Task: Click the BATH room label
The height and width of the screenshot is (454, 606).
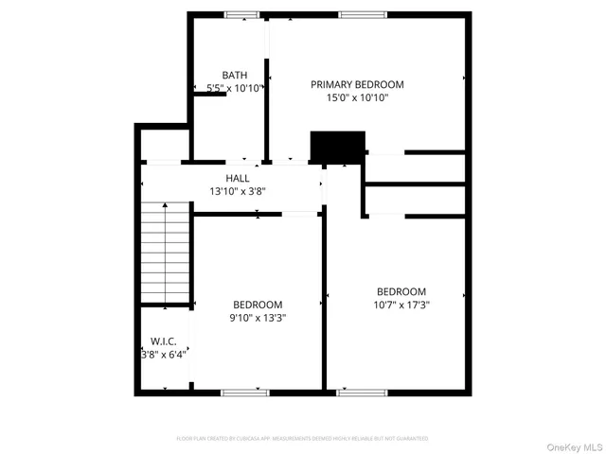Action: coord(235,75)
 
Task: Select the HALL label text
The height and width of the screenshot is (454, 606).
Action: coord(238,178)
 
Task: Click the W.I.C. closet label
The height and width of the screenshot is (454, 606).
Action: coord(164,341)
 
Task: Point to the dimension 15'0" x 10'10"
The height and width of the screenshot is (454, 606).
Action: coord(357,97)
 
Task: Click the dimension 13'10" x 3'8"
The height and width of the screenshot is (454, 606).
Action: coord(238,191)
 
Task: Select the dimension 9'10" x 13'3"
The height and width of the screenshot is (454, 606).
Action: coord(258,318)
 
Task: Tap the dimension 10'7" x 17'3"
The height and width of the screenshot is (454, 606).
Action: coord(401,305)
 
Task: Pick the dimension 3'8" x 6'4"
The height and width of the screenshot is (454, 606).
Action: coord(164,355)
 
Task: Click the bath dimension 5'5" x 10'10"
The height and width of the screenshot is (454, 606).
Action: coord(234,88)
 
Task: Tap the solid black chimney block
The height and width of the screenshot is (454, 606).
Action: coord(337,147)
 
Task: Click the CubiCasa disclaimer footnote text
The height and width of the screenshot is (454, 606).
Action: coord(302,439)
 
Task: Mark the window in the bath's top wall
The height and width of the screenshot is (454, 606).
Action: coord(241,14)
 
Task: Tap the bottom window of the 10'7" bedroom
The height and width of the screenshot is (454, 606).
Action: coord(362,391)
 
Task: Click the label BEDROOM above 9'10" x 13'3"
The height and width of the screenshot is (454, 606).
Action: coord(258,305)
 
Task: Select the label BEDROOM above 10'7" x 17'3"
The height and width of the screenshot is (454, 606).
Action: coord(401,291)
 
